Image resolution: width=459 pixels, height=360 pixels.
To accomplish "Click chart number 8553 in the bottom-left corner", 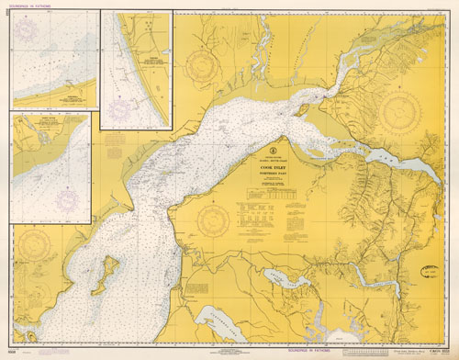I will coord(11,352).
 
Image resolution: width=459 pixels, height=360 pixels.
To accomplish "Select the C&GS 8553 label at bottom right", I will coord(432,352).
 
